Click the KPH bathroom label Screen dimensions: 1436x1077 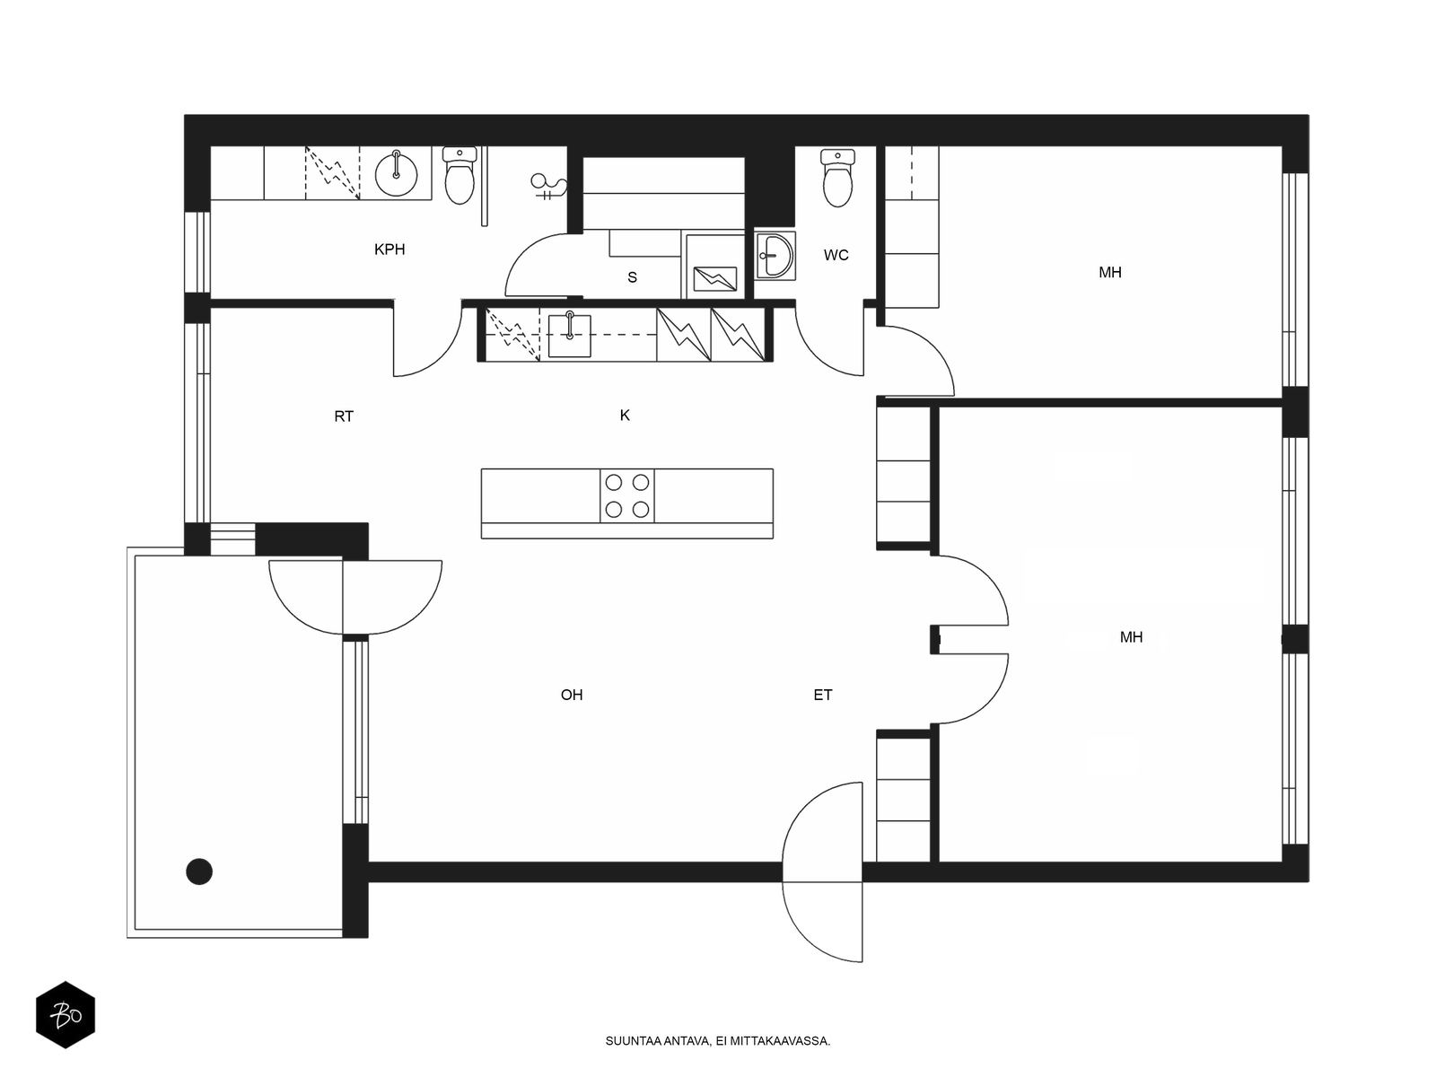(x=390, y=250)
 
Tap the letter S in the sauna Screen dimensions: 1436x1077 (x=632, y=277)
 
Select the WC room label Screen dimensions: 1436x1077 (x=836, y=255)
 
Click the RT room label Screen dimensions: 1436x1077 (x=344, y=416)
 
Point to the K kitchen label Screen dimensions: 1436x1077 (x=625, y=416)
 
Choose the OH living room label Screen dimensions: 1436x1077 (x=572, y=695)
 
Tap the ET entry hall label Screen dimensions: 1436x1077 (x=822, y=695)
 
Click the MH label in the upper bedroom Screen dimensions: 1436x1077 (x=1110, y=273)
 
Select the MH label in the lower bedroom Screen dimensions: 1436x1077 (x=1131, y=637)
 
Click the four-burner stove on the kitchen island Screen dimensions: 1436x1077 (x=626, y=495)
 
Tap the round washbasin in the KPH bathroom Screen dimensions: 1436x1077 (x=396, y=173)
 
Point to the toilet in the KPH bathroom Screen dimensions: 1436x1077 (x=460, y=175)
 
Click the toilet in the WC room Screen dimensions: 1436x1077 (x=837, y=177)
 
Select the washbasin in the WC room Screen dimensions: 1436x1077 (x=775, y=256)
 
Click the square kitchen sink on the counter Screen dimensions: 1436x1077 (x=569, y=336)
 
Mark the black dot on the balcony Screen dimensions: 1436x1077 (x=199, y=871)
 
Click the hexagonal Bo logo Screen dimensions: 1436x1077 (x=66, y=1014)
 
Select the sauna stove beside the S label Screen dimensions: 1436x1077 (x=714, y=278)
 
